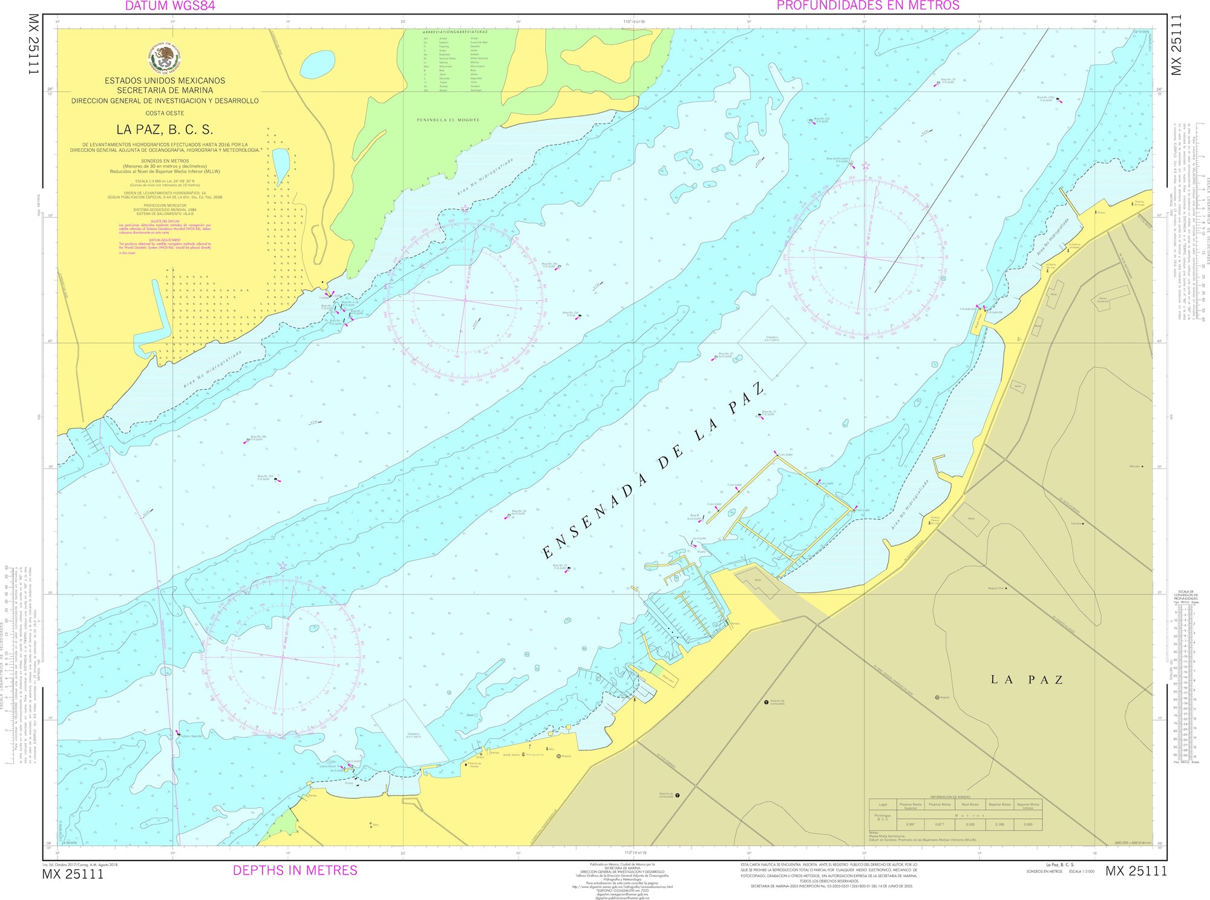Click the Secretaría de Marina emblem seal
(x=165, y=57)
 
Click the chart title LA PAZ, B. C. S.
(x=165, y=130)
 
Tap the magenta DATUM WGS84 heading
(x=170, y=6)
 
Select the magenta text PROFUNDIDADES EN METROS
(x=868, y=6)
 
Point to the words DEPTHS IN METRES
(x=295, y=870)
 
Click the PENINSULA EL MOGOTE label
(x=448, y=120)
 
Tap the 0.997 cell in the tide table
(x=911, y=824)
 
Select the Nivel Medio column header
(x=970, y=805)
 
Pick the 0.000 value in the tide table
(x=1028, y=824)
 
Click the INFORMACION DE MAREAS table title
(x=955, y=797)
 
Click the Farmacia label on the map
(x=1076, y=524)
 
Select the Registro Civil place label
(x=996, y=588)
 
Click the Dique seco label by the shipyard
(x=668, y=678)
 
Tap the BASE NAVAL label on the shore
(x=512, y=755)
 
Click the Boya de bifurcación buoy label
(x=837, y=160)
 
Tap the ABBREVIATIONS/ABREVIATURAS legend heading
(x=454, y=31)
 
